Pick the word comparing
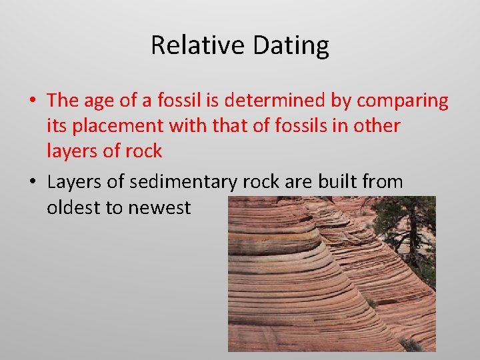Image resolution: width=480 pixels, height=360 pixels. (x=403, y=101)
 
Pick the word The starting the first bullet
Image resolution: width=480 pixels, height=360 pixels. (x=63, y=101)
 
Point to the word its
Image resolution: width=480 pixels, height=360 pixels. (x=56, y=126)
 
